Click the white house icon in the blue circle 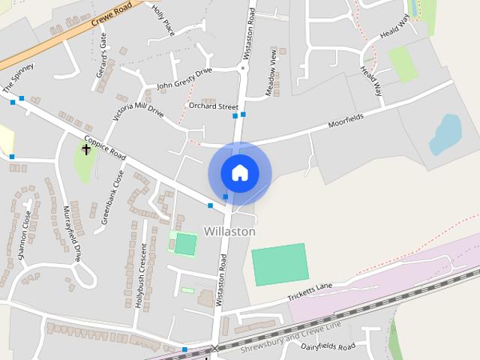(x=239, y=172)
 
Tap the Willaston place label (x=229, y=232)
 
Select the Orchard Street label (x=213, y=106)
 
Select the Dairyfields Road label (x=328, y=347)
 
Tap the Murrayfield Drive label (x=72, y=234)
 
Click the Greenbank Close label (x=113, y=197)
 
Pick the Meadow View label (x=273, y=71)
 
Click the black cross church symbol (x=86, y=149)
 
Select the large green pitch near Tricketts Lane (x=280, y=264)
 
